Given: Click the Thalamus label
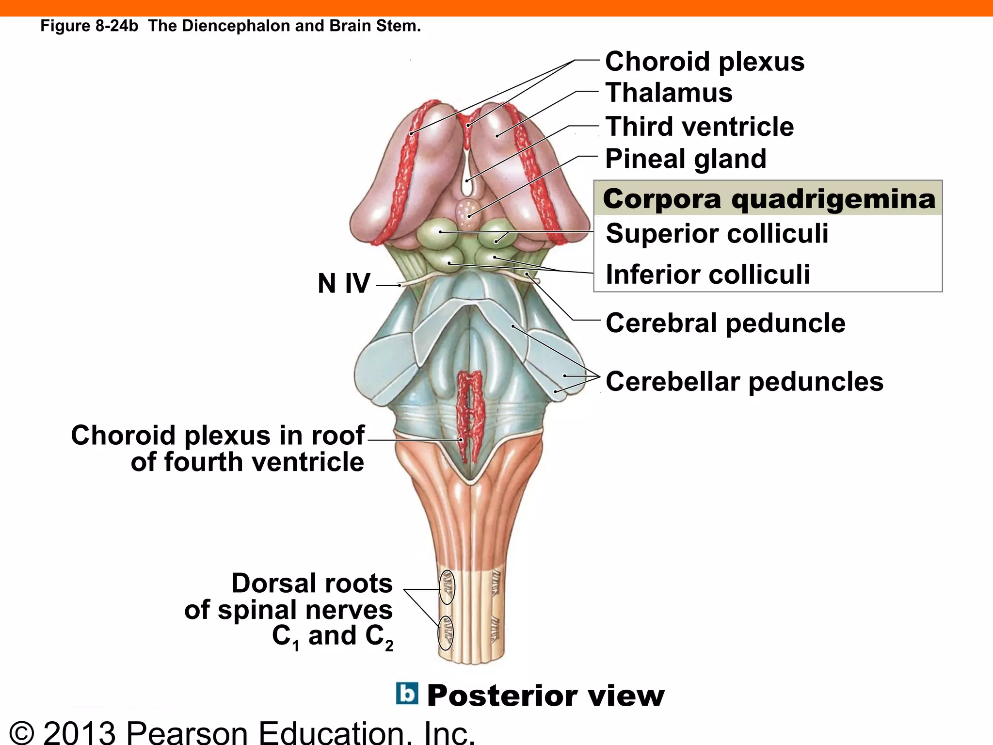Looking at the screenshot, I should coord(669,93).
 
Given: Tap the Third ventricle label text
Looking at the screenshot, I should coord(699,127).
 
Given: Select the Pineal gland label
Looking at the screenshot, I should coord(686,159).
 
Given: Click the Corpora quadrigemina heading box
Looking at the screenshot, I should coord(769,199).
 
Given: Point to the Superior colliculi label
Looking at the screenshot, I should coord(717,233).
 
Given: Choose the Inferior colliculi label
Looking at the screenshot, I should coord(707,274).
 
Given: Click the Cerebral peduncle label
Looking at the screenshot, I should coord(725,323).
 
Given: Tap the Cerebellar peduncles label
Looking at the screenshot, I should coord(744,381).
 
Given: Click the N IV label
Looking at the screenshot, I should coord(344,283).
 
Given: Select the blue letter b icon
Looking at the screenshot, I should coord(407,694).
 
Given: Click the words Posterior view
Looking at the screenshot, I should coord(545,696).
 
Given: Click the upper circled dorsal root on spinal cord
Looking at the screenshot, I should coord(447,587).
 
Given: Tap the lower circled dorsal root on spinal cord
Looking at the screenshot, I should coord(446,632).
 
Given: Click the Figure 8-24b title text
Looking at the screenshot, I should coord(230,26).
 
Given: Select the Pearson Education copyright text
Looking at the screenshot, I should coord(242,732).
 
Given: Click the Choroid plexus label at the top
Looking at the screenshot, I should coord(705,62).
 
